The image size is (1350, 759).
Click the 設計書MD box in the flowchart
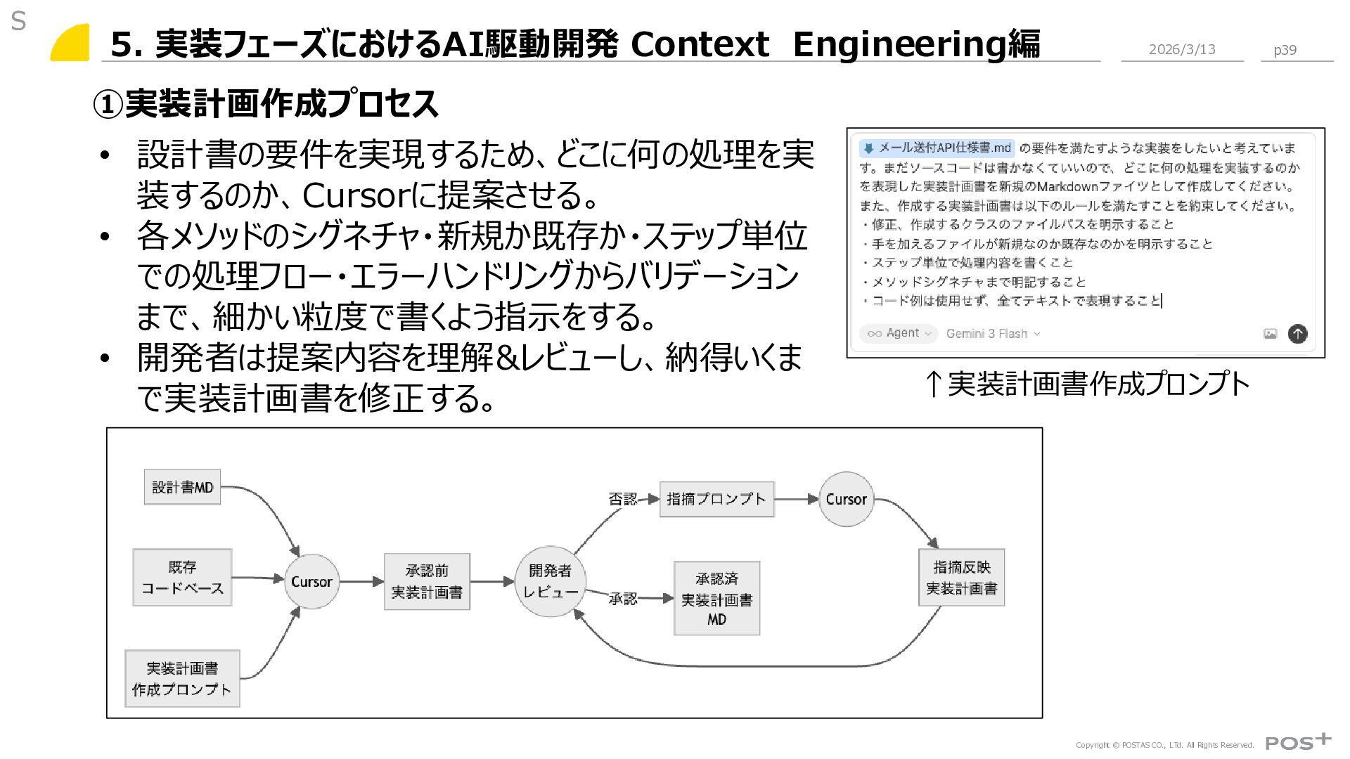pyautogui.click(x=182, y=487)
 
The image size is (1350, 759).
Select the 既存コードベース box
pyautogui.click(x=182, y=578)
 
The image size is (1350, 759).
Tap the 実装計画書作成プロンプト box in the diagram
pyautogui.click(x=182, y=678)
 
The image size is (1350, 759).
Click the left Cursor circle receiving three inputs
pyautogui.click(x=311, y=581)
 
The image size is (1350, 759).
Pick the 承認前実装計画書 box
pyautogui.click(x=427, y=581)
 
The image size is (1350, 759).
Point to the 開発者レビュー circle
pyautogui.click(x=551, y=581)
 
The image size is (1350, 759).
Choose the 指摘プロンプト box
pyautogui.click(x=716, y=499)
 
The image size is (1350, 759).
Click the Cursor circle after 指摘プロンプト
pyautogui.click(x=846, y=499)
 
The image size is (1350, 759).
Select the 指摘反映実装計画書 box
pyautogui.click(x=961, y=578)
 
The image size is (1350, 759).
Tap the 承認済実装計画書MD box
pyautogui.click(x=716, y=598)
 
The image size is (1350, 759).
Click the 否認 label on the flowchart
pyautogui.click(x=622, y=499)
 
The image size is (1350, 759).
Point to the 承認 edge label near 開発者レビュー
pyautogui.click(x=622, y=599)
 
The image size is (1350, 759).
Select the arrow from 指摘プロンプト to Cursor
pyautogui.click(x=797, y=499)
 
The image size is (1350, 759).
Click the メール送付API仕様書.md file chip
pyautogui.click(x=937, y=148)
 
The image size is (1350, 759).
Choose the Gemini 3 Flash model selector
pyautogui.click(x=992, y=333)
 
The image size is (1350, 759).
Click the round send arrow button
pyautogui.click(x=1297, y=333)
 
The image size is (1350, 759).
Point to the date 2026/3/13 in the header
pyautogui.click(x=1182, y=49)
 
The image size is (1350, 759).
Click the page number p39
pyautogui.click(x=1285, y=50)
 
